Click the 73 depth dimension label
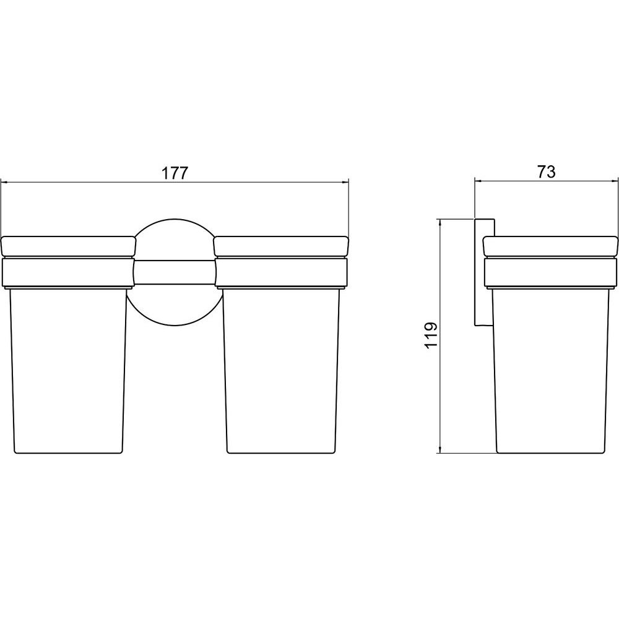(x=547, y=171)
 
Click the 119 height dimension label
(x=431, y=335)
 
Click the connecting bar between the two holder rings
(x=175, y=272)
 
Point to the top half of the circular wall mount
(x=175, y=228)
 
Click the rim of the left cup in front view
(x=68, y=246)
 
